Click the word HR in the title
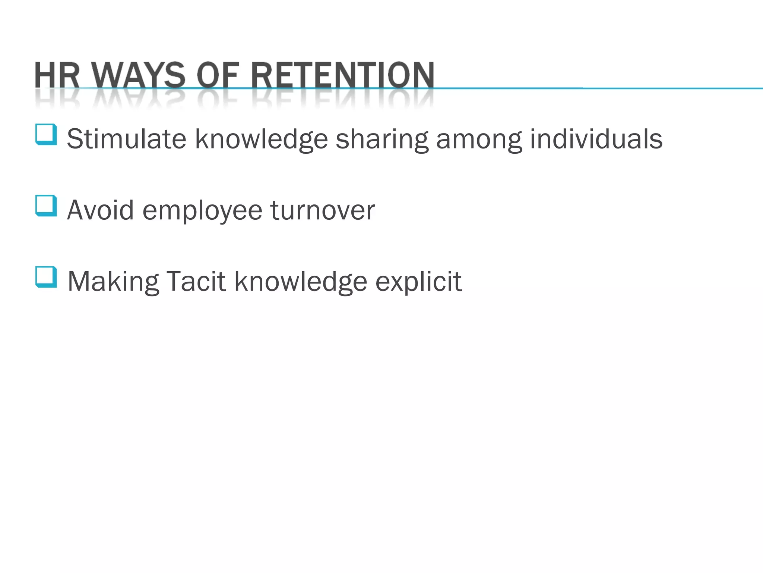tap(57, 75)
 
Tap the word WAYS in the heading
tap(139, 75)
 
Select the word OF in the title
tap(217, 75)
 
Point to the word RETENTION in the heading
tap(342, 75)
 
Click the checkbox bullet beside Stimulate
tap(46, 134)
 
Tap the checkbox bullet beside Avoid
tap(46, 206)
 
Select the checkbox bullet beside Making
tap(46, 277)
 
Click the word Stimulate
tap(126, 139)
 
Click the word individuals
tap(596, 139)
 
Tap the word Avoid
tap(100, 210)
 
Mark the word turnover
tap(323, 210)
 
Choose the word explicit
tap(418, 282)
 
